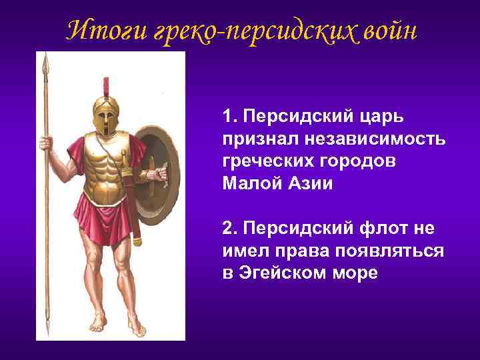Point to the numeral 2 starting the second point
click(228, 229)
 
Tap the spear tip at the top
click(45, 63)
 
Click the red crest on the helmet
click(105, 87)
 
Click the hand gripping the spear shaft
click(46, 142)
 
